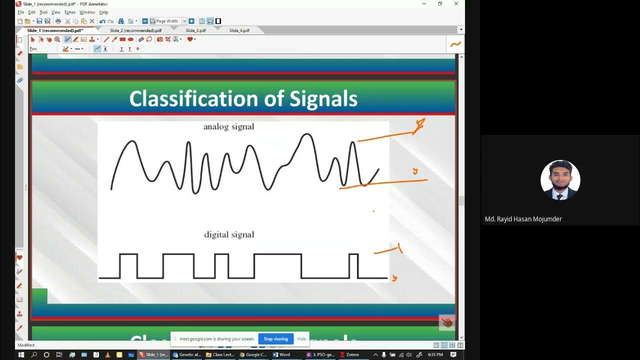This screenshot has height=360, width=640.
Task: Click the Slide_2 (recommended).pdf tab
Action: [135, 30]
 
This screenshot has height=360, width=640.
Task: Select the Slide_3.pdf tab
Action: [195, 30]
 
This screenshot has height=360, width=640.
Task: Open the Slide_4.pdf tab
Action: [239, 30]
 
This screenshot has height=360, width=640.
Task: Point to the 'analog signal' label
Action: [228, 127]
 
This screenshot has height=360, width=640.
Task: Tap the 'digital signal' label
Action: [229, 234]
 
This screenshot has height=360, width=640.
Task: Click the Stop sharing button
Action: [275, 339]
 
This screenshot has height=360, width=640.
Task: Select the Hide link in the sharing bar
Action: [301, 339]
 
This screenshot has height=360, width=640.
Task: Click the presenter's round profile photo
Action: [560, 180]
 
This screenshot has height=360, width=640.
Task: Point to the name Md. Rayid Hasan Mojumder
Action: [523, 219]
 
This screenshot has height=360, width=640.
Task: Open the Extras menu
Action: [70, 12]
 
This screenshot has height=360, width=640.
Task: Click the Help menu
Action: [103, 12]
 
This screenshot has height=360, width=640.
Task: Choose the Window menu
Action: [87, 12]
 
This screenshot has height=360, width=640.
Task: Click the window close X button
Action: [456, 4]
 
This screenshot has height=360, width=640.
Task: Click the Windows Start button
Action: [21, 354]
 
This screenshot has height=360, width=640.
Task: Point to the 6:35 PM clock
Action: [435, 354]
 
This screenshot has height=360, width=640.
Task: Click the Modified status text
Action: [26, 345]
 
